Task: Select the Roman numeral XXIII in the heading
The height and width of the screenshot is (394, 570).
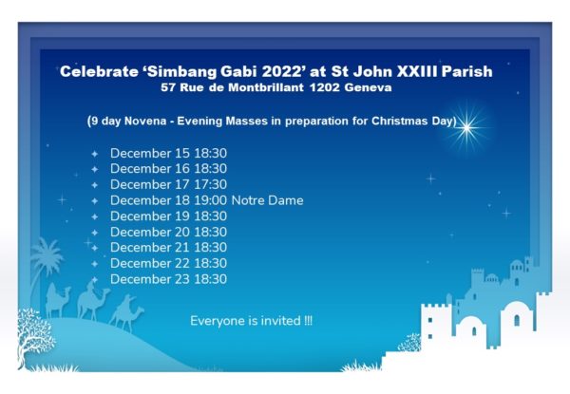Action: click(417, 71)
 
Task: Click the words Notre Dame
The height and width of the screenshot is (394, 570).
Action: click(268, 200)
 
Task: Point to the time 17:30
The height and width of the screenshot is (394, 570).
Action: click(211, 184)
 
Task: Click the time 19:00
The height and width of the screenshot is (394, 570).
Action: click(211, 200)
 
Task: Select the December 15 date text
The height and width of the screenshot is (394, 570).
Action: click(150, 153)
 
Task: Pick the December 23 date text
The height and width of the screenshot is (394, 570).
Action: click(150, 279)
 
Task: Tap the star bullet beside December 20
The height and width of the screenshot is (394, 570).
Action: click(94, 233)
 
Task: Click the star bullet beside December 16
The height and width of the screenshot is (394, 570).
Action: click(94, 169)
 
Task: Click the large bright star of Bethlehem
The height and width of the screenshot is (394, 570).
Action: click(466, 128)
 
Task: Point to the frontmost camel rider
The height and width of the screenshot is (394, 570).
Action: click(127, 313)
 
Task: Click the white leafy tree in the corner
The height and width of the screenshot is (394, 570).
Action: click(34, 336)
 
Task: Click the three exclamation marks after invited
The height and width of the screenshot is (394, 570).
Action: click(308, 321)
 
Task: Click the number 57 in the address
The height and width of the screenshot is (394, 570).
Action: click(168, 87)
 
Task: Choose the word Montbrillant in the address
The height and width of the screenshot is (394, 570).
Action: click(266, 87)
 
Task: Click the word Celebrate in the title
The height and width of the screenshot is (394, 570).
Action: click(99, 71)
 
